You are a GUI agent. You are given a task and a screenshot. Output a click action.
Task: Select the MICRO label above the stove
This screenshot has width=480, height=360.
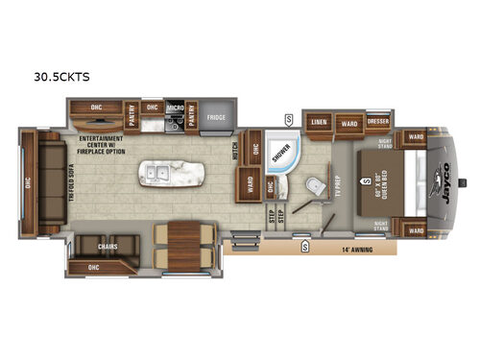click(x=176, y=108)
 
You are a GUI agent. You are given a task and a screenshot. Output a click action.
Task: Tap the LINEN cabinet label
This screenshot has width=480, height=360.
click(x=318, y=123)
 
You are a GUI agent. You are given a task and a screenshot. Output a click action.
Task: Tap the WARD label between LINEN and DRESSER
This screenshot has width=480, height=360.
click(x=348, y=123)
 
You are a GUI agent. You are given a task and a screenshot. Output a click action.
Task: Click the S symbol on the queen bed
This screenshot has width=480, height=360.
click(x=366, y=178)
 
